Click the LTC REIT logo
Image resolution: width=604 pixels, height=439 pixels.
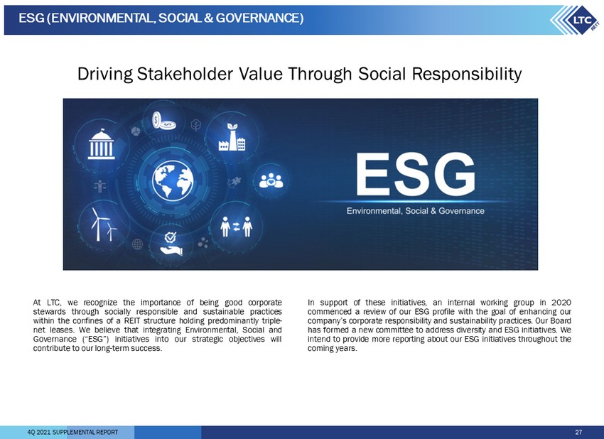pyautogui.click(x=576, y=20)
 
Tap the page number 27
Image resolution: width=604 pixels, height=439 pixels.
pyautogui.click(x=578, y=432)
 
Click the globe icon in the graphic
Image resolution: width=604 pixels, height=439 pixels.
pyautogui.click(x=173, y=180)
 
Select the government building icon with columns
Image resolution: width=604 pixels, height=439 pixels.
pyautogui.click(x=102, y=144)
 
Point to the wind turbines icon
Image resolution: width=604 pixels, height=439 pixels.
pyautogui.click(x=104, y=224)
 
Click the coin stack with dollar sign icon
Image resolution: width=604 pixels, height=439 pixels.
pyautogui.click(x=163, y=121)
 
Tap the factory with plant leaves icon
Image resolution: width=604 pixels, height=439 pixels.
pyautogui.click(x=232, y=137)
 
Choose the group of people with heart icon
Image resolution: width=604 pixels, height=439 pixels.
pyautogui.click(x=271, y=180)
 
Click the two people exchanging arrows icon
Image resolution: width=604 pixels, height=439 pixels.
pyautogui.click(x=236, y=227)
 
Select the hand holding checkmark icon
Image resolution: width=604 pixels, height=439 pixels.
pyautogui.click(x=171, y=244)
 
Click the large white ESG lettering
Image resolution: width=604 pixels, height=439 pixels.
pyautogui.click(x=415, y=175)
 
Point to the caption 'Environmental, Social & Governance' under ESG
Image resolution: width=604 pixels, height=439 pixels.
pyautogui.click(x=415, y=211)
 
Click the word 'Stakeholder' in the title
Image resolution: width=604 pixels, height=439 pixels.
pyautogui.click(x=185, y=74)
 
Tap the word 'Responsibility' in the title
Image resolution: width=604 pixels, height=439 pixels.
pyautogui.click(x=467, y=75)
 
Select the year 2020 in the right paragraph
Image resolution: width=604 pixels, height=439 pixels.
pyautogui.click(x=561, y=303)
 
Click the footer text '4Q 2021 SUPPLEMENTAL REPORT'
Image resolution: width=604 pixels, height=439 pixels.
pyautogui.click(x=72, y=432)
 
